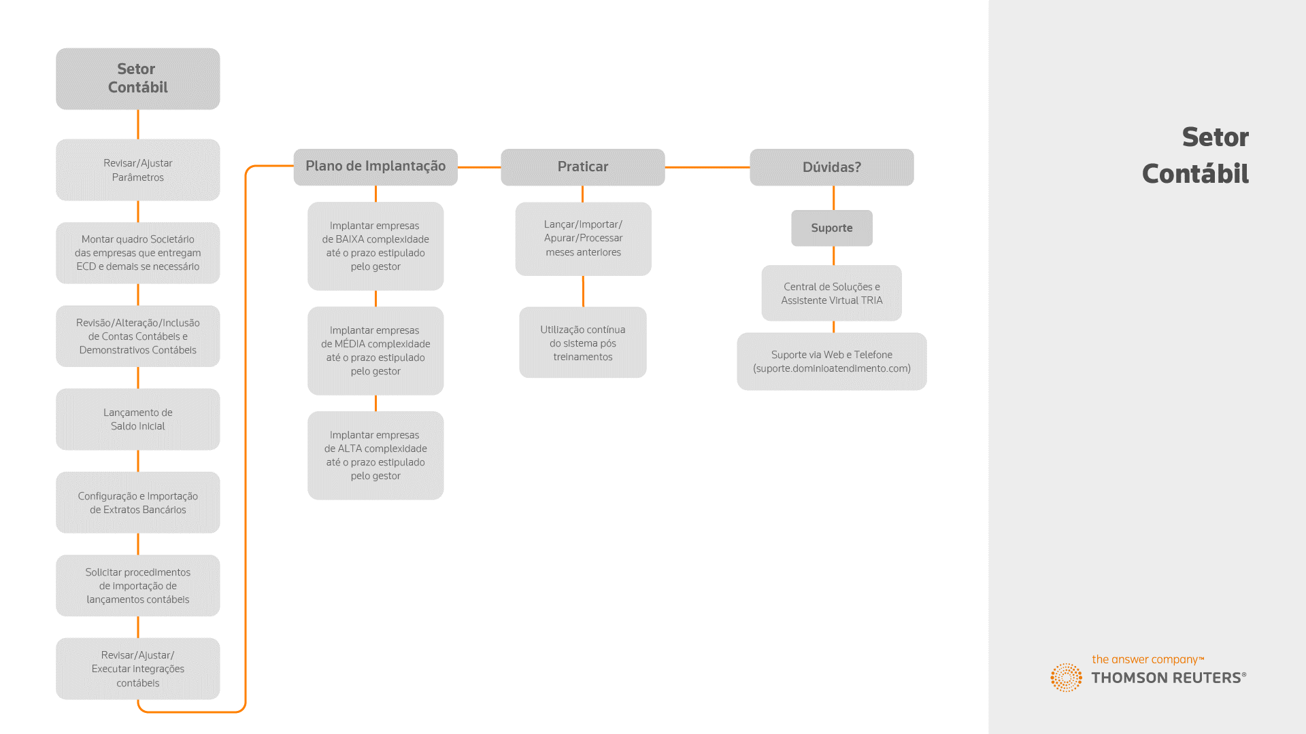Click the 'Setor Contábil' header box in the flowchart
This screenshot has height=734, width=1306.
pyautogui.click(x=138, y=79)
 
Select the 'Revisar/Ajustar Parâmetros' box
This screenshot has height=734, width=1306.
pyautogui.click(x=138, y=170)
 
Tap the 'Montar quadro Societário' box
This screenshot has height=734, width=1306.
pyautogui.click(x=138, y=253)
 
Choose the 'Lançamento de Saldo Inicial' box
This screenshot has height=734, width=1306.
pyautogui.click(x=138, y=419)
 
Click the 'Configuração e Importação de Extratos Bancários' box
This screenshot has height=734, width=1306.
pyautogui.click(x=138, y=502)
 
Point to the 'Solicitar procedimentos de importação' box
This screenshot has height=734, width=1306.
pyautogui.click(x=138, y=586)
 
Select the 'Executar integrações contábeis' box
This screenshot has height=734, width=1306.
pyautogui.click(x=138, y=669)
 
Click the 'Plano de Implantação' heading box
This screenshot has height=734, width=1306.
pyautogui.click(x=375, y=167)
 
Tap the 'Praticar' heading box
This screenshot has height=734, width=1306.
pyautogui.click(x=583, y=167)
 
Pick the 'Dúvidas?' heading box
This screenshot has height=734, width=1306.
pyautogui.click(x=832, y=167)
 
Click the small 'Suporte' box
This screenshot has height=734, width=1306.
pyautogui.click(x=832, y=228)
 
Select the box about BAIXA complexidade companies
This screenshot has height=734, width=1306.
pyautogui.click(x=375, y=246)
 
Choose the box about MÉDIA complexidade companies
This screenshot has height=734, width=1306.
pyautogui.click(x=375, y=351)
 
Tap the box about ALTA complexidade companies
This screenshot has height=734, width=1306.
pyautogui.click(x=375, y=455)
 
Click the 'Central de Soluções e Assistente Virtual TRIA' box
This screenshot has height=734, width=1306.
pyautogui.click(x=832, y=293)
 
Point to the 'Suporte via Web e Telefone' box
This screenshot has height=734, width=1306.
pyautogui.click(x=832, y=362)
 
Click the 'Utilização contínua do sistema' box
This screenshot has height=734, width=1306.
pyautogui.click(x=583, y=343)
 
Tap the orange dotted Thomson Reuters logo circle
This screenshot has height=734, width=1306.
pyautogui.click(x=1067, y=678)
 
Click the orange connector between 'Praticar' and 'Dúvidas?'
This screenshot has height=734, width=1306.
pyautogui.click(x=707, y=167)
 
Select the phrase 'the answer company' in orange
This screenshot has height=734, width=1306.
pyautogui.click(x=1145, y=660)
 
